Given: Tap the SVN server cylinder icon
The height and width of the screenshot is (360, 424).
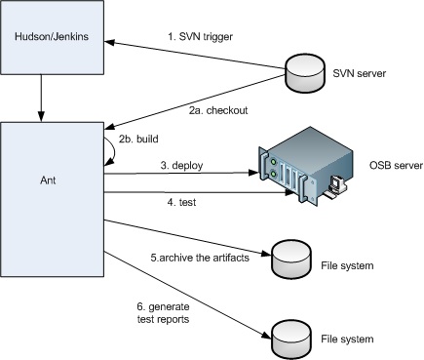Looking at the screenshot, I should [x=303, y=72].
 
